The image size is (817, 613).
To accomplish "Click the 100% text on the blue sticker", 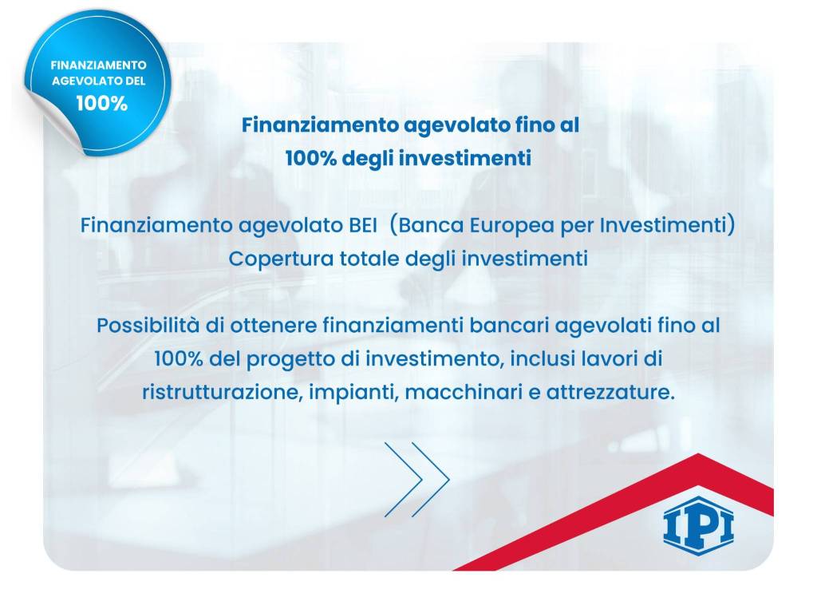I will click(102, 103).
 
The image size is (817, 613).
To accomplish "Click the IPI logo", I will click(698, 524).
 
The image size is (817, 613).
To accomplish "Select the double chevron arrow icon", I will click(417, 479).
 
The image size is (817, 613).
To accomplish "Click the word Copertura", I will click(270, 259).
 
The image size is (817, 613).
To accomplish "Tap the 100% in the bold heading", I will click(311, 158).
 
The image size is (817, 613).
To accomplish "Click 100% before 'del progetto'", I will click(180, 359).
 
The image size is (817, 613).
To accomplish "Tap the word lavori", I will click(613, 359).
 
